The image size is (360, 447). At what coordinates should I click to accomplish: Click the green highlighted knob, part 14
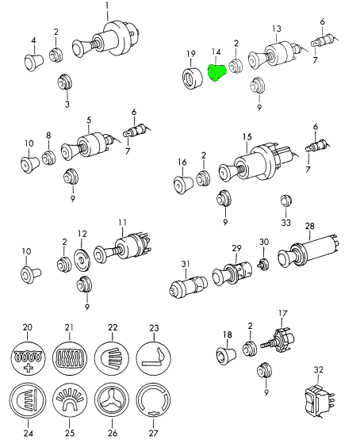pos(217,72)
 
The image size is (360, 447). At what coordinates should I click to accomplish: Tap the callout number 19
pos(191,54)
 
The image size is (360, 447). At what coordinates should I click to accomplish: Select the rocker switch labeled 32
pos(319,399)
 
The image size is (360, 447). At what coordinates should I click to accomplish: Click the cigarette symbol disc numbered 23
pos(154,357)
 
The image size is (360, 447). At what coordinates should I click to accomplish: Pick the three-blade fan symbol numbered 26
pos(112,400)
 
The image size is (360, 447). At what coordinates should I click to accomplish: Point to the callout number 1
pos(107,6)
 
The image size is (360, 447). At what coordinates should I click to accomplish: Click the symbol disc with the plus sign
pos(28,358)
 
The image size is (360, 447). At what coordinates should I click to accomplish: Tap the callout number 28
pos(310,226)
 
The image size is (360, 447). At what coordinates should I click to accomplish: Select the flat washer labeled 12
pos(82,260)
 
